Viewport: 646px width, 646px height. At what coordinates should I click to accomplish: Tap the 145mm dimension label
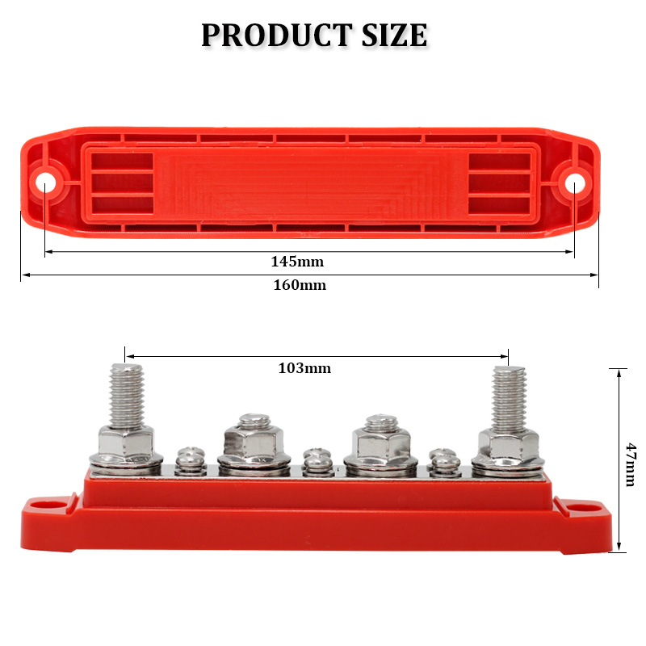coord(296,262)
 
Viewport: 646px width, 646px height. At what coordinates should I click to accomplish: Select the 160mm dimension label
coord(300,285)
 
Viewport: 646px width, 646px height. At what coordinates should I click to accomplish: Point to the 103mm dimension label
coord(304,368)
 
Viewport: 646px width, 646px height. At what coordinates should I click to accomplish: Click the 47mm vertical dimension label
coord(630,464)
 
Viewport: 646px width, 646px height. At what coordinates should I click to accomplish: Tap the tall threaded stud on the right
coord(509,395)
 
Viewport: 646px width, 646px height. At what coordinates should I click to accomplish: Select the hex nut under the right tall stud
coord(509,443)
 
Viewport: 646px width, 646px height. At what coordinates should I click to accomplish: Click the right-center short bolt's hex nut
coord(378,441)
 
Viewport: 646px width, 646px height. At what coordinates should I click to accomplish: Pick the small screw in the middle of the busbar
coord(316,461)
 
